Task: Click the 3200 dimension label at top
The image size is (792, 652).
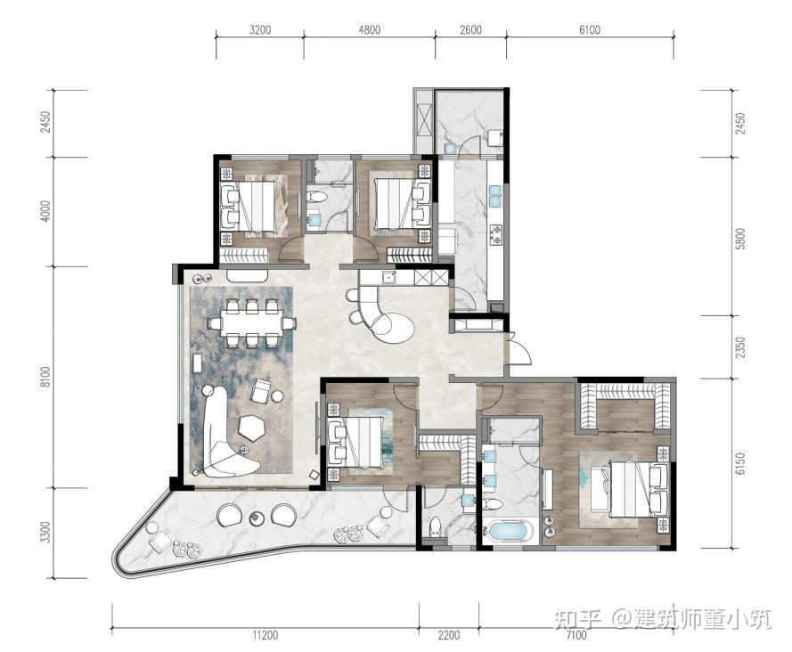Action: [x=259, y=29]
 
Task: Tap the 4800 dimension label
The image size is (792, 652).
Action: [x=369, y=29]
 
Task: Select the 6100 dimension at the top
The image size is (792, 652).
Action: [x=590, y=29]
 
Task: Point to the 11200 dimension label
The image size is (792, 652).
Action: [x=265, y=635]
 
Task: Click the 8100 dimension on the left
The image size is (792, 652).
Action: [x=46, y=377]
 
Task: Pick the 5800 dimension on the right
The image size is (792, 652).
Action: [x=740, y=239]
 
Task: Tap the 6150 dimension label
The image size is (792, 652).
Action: [x=740, y=464]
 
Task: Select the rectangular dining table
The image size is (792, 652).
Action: [x=251, y=323]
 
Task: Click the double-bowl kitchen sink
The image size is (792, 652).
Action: [x=494, y=196]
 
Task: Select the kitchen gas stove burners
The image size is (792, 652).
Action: [x=496, y=234]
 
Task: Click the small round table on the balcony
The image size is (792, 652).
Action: [x=257, y=518]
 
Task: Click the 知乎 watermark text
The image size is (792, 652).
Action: [x=577, y=619]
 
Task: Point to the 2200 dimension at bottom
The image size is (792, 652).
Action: [x=448, y=635]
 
